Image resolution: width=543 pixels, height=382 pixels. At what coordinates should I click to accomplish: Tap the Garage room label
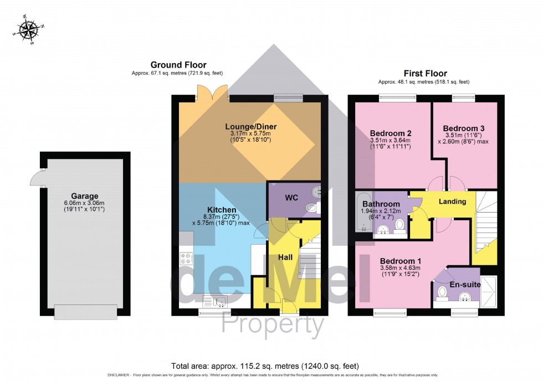tap(84, 196)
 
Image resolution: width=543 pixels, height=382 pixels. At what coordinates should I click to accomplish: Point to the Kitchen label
tap(223, 210)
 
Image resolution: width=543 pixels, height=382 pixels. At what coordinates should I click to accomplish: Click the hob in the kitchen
tap(186, 259)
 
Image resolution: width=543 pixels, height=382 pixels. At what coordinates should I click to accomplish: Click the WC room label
tap(291, 198)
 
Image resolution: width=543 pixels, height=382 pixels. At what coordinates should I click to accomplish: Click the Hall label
tap(285, 257)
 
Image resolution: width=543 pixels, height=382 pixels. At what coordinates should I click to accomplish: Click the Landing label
tap(452, 202)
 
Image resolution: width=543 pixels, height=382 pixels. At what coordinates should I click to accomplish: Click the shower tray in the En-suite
tap(489, 290)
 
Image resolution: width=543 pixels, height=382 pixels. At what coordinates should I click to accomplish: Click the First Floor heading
tap(425, 73)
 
